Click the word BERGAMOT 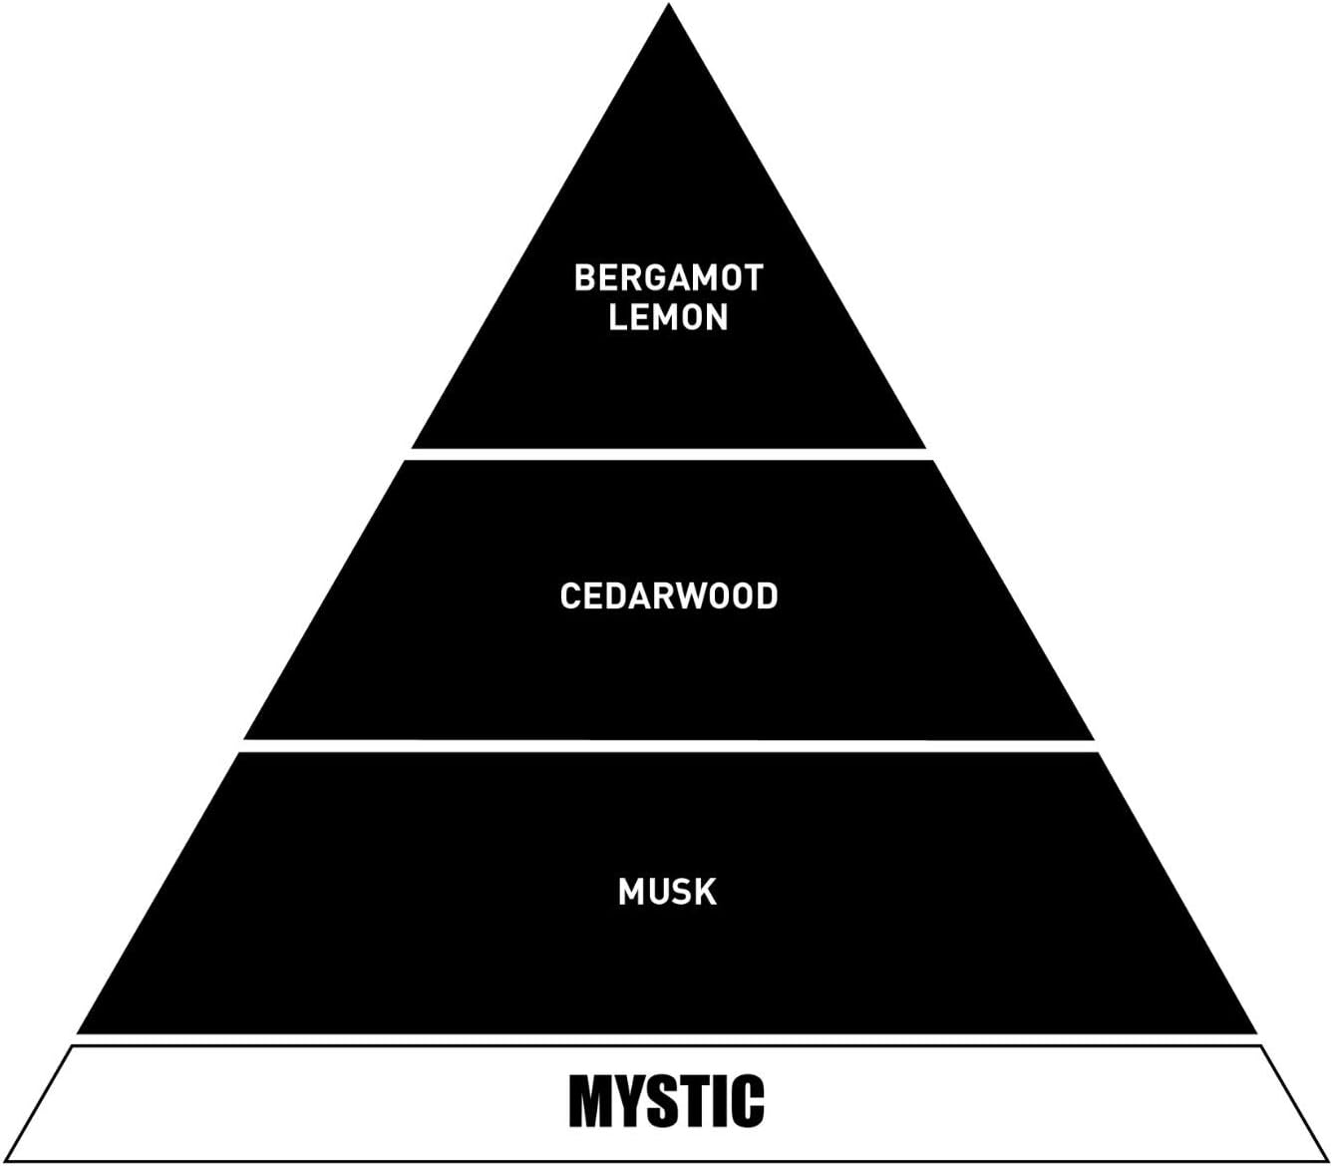tap(668, 277)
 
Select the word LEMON tap(668, 317)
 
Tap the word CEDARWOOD tap(668, 596)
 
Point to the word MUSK tap(667, 892)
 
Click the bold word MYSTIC tap(666, 1101)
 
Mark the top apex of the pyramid tap(669, 5)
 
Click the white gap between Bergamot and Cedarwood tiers tap(668, 454)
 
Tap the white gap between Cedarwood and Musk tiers tap(668, 745)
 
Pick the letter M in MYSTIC tap(588, 1101)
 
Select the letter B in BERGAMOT tap(585, 277)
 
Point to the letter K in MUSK tap(706, 892)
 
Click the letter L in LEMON tap(617, 317)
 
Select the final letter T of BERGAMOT tap(753, 277)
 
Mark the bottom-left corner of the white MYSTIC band tap(4, 1159)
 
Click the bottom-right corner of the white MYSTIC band tap(1328, 1159)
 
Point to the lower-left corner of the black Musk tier tap(78, 1033)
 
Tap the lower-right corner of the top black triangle tap(924, 447)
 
